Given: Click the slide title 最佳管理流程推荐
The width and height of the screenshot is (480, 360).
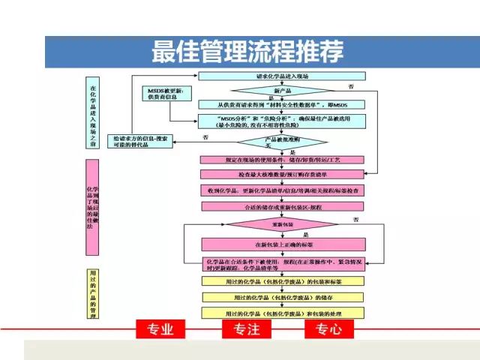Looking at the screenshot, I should tap(248, 52).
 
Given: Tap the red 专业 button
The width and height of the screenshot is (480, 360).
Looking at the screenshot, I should tap(160, 328).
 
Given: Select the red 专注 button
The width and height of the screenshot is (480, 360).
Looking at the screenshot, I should tap(247, 328).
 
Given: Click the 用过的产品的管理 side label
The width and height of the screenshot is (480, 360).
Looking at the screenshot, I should tap(92, 293).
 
